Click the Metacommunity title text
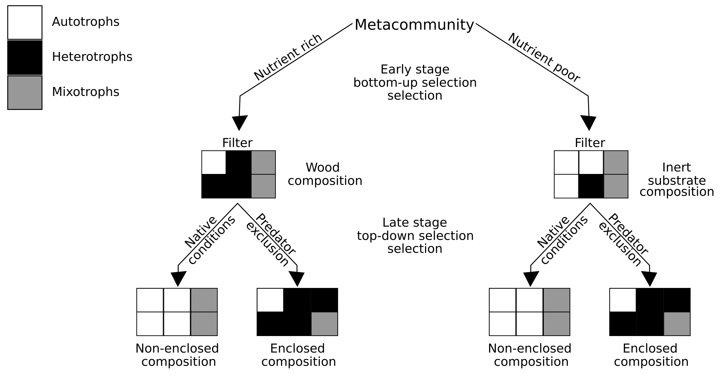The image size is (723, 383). click(x=414, y=25)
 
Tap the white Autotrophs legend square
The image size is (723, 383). click(x=25, y=22)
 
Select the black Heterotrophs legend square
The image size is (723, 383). click(x=25, y=58)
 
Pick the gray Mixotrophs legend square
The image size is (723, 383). click(x=25, y=92)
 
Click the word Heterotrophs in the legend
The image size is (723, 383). click(x=92, y=57)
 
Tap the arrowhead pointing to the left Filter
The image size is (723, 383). click(x=239, y=123)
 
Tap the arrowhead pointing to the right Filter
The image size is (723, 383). click(x=589, y=123)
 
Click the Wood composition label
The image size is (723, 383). click(x=325, y=174)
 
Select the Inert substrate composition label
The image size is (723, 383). click(x=676, y=180)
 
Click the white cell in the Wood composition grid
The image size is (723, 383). click(x=214, y=162)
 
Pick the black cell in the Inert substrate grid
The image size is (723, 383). click(x=591, y=186)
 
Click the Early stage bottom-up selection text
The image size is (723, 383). click(x=415, y=82)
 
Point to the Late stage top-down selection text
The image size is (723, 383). click(x=415, y=235)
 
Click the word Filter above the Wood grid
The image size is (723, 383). click(x=237, y=143)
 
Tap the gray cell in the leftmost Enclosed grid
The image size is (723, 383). click(x=324, y=324)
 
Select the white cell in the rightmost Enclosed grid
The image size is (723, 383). click(x=623, y=300)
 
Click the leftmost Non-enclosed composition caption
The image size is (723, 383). click(x=177, y=355)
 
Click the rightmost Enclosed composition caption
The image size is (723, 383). click(x=651, y=355)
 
